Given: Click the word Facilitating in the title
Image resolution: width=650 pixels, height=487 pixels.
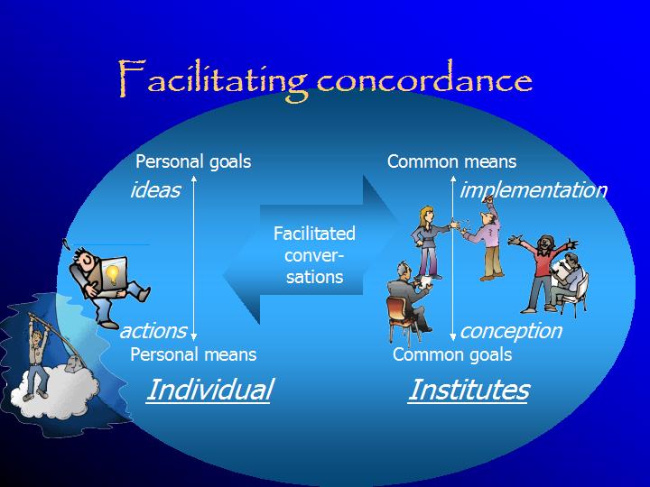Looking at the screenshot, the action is pyautogui.click(x=213, y=79).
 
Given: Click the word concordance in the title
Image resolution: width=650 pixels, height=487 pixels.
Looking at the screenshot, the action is pyautogui.click(x=424, y=78).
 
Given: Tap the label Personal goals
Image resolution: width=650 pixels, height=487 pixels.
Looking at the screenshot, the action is pyautogui.click(x=193, y=162).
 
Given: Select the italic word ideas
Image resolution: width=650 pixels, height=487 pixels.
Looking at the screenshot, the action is pyautogui.click(x=155, y=190).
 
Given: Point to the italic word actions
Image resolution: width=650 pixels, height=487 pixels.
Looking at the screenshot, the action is pyautogui.click(x=153, y=331).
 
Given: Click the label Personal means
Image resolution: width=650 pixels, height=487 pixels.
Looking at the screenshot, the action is pyautogui.click(x=193, y=354).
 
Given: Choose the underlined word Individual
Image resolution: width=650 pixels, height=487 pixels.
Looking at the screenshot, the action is pyautogui.click(x=209, y=390).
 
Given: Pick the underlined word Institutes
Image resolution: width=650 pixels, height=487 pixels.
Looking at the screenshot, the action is pyautogui.click(x=469, y=390).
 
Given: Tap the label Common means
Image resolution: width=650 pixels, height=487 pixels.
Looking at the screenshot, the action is pyautogui.click(x=451, y=161).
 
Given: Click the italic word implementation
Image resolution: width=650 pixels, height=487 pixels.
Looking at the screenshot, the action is pyautogui.click(x=534, y=190).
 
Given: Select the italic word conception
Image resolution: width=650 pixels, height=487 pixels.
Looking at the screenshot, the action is pyautogui.click(x=511, y=332).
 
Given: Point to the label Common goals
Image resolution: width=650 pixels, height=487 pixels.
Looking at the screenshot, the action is pyautogui.click(x=452, y=355).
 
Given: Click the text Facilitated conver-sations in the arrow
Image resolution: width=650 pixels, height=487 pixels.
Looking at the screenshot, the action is pyautogui.click(x=314, y=255).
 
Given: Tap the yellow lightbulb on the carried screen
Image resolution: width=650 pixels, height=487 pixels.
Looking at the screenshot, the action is pyautogui.click(x=112, y=274).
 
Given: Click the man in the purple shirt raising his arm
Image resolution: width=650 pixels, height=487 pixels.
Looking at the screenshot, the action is pyautogui.click(x=486, y=240).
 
